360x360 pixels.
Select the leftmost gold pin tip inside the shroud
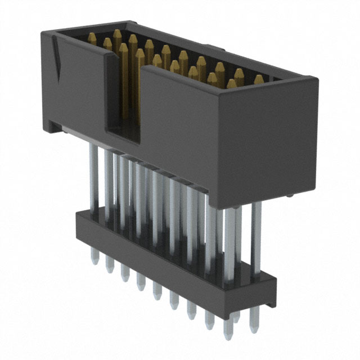pos(92,38)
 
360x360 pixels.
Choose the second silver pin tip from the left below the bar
pos(109,267)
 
